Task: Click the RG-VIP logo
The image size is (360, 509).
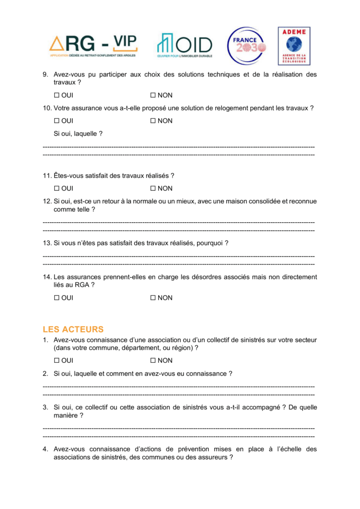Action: (93, 45)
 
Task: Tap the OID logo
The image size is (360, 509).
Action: (184, 45)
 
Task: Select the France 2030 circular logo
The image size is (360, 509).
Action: (246, 46)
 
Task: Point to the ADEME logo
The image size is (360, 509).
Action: (293, 46)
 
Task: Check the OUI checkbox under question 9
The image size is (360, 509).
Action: (57, 95)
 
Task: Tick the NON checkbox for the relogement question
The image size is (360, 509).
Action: (153, 121)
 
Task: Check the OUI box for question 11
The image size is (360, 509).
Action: (57, 188)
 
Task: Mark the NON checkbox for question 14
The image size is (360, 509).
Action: (153, 298)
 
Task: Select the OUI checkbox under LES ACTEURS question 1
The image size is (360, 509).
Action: (57, 360)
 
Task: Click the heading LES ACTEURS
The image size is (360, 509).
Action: (73, 329)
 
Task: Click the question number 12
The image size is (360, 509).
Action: (47, 201)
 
